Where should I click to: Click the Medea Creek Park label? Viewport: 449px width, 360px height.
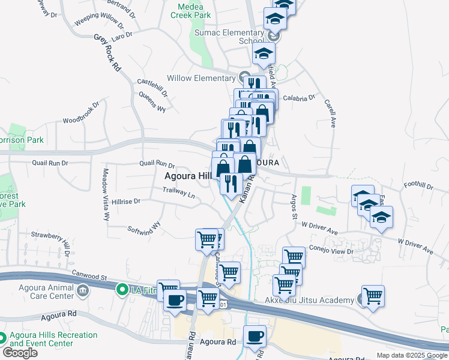click(x=194, y=10)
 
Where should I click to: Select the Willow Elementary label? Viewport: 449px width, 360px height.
click(x=200, y=78)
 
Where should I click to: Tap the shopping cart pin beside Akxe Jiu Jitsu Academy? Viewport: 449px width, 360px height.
click(x=373, y=296)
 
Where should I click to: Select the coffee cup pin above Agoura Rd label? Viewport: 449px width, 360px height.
click(x=255, y=336)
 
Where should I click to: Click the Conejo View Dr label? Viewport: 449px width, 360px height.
click(x=331, y=251)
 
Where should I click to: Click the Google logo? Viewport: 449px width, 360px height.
click(x=20, y=353)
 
